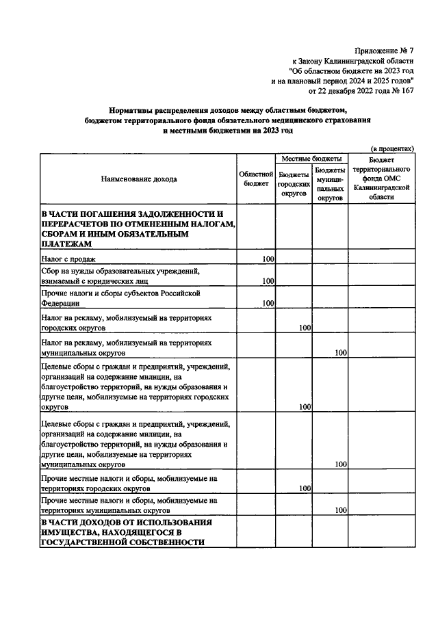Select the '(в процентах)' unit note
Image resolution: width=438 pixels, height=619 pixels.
[391, 148]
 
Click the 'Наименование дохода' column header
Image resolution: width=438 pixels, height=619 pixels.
[138, 179]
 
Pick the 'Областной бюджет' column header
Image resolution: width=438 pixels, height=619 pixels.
[257, 179]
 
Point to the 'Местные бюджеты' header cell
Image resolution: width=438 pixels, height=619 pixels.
[312, 158]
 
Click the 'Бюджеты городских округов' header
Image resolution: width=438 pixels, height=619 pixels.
[294, 184]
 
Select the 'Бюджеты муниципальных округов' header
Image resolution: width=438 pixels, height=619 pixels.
[331, 184]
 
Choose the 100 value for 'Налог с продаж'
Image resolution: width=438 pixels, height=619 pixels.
[268, 259]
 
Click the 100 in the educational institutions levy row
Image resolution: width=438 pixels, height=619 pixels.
[268, 281]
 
